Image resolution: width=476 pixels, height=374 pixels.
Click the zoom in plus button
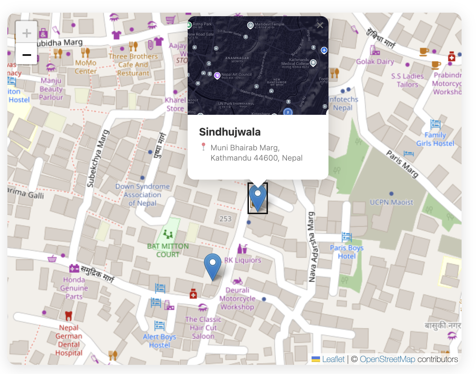click(26, 33)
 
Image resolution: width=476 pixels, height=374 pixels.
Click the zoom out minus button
click(26, 55)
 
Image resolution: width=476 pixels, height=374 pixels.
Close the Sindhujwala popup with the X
click(320, 25)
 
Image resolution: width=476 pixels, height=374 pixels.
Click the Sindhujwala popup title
click(230, 132)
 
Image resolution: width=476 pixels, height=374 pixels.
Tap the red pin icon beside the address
click(203, 147)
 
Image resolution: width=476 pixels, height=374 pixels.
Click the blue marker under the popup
click(258, 198)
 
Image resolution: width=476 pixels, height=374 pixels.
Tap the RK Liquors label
click(243, 260)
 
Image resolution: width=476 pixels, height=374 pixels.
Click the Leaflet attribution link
click(333, 359)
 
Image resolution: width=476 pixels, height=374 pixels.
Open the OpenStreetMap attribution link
click(387, 359)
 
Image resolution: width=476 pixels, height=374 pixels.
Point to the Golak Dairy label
click(375, 62)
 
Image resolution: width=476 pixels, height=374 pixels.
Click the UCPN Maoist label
click(391, 202)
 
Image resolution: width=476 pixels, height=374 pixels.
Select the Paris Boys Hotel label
click(347, 252)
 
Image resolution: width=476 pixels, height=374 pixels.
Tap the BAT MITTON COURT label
click(168, 250)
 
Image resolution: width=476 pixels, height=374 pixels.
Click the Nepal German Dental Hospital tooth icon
click(69, 316)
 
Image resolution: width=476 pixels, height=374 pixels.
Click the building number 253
click(225, 219)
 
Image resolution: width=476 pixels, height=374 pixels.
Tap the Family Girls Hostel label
click(435, 139)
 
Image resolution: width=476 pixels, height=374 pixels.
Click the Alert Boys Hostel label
click(159, 341)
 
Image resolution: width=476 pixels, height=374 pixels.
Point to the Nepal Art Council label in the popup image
click(236, 75)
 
